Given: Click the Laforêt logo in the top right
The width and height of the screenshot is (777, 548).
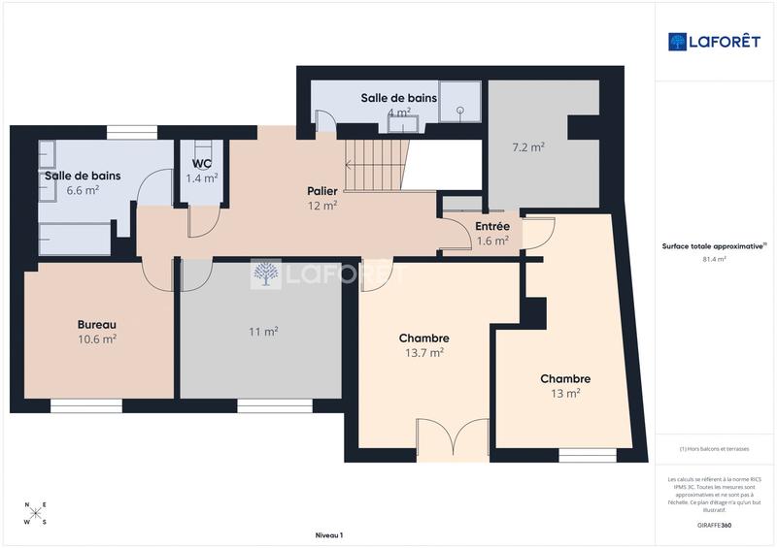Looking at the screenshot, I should point(716,41).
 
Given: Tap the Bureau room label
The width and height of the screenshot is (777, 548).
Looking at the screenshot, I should point(97,324).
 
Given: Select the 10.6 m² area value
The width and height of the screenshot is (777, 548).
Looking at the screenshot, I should point(97,339).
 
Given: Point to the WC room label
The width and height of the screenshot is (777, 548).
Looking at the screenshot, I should point(202,163).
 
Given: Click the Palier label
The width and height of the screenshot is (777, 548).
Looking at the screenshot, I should point(322,191).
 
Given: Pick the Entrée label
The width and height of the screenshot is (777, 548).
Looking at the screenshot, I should point(492,226).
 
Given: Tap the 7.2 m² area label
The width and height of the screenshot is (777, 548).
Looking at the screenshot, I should point(528,147).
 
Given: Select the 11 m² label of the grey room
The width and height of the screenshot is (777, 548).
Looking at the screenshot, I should point(263,332).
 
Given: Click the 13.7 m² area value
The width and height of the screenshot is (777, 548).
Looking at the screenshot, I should point(424,353).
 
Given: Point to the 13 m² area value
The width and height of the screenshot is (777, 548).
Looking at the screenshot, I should point(565,393).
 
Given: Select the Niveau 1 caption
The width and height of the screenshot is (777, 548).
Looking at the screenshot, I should point(329,535).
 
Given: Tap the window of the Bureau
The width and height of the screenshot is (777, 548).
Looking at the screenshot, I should point(85,404).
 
